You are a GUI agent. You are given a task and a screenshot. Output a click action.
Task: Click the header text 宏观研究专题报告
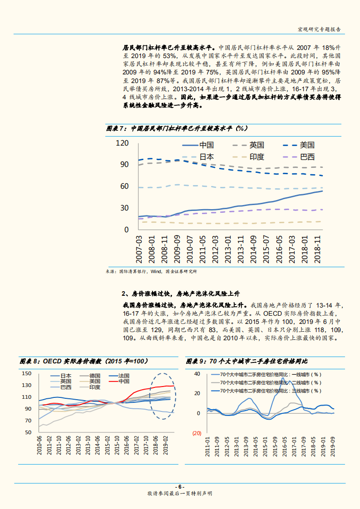click(319, 29)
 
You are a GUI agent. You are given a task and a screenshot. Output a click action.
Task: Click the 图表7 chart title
click(177, 128)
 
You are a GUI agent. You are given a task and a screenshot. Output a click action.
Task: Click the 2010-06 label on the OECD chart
click(40, 447)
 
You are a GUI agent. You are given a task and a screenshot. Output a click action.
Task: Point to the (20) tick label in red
click(197, 433)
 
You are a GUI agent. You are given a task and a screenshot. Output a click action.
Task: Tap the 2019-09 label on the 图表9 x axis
click(334, 447)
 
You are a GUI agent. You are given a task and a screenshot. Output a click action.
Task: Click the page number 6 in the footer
click(180, 485)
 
